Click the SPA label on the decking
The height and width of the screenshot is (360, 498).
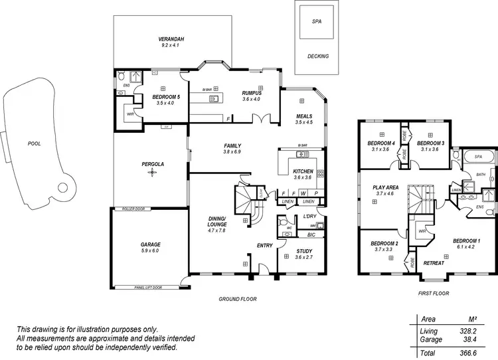click(x=317, y=21)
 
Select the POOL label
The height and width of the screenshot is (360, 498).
click(x=34, y=143)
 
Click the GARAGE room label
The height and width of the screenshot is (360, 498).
click(x=150, y=244)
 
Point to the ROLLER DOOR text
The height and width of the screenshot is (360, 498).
click(x=133, y=209)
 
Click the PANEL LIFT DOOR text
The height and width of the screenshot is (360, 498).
click(x=147, y=288)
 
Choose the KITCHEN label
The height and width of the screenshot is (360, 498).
click(x=303, y=171)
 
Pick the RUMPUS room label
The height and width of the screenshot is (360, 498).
click(x=252, y=92)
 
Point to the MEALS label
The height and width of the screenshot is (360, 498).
click(x=303, y=116)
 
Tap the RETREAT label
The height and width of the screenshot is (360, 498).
click(x=434, y=263)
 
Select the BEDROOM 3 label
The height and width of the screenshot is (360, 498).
click(x=430, y=143)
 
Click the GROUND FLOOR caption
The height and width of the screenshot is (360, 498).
click(x=238, y=299)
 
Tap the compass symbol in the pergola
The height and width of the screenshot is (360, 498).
click(x=151, y=173)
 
